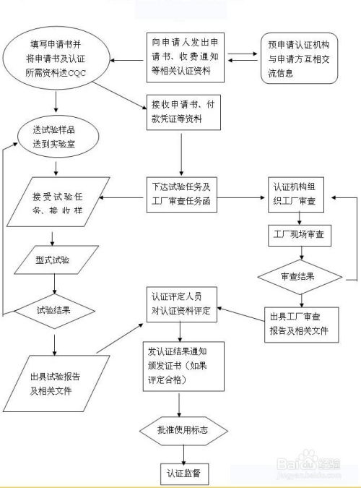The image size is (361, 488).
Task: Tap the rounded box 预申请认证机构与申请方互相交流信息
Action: click(x=302, y=60)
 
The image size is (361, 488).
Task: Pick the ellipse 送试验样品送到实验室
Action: click(x=55, y=137)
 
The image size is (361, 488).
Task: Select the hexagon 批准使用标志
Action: click(x=183, y=430)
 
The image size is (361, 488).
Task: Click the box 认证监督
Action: click(x=183, y=473)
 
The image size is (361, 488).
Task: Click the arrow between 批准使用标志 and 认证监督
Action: click(x=183, y=453)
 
